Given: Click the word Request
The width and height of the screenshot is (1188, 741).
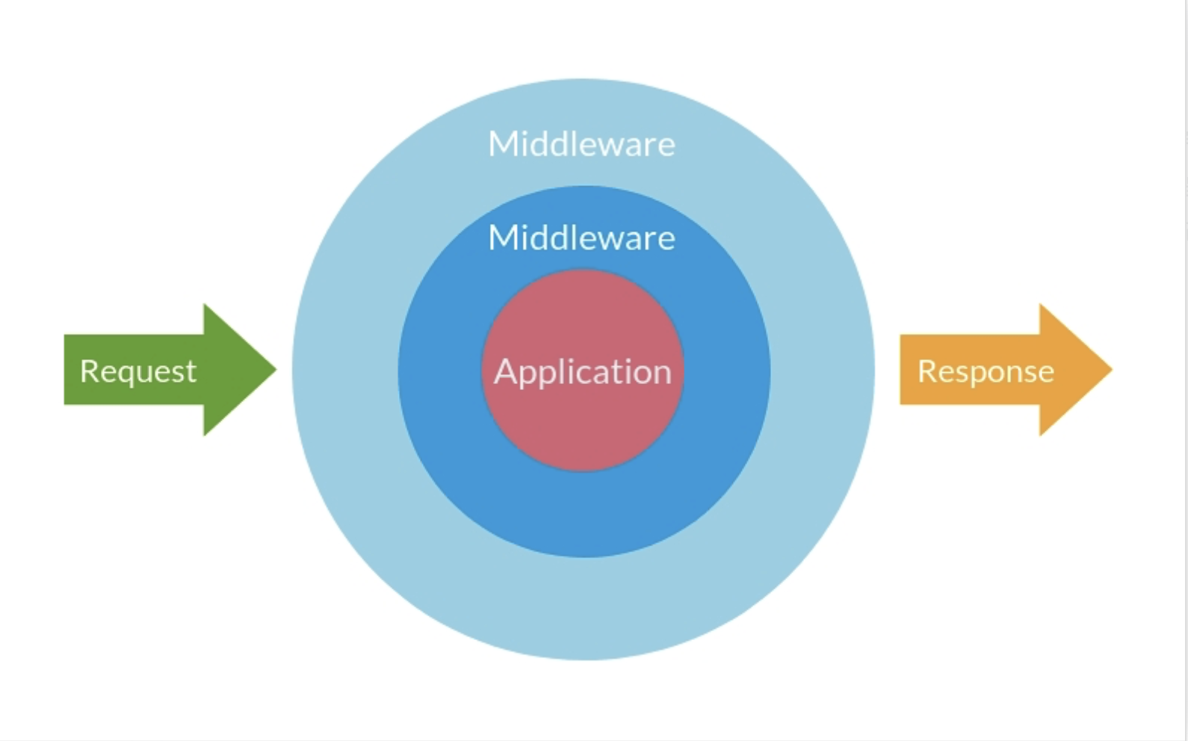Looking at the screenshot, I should [138, 371].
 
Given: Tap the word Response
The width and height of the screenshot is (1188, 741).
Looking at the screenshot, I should [986, 371].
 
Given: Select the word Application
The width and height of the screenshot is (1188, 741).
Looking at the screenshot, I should [583, 372].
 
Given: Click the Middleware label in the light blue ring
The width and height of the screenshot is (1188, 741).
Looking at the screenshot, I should [581, 144].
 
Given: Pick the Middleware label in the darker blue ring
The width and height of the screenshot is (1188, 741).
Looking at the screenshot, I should [581, 238].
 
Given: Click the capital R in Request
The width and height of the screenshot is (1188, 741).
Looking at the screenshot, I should [89, 371].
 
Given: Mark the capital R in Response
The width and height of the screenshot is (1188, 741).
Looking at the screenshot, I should [926, 371].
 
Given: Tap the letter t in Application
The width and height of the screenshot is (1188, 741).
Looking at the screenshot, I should [610, 371].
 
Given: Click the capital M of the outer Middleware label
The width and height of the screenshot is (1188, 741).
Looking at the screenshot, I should [502, 144].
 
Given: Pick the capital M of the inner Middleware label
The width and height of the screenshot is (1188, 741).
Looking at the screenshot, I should [502, 238].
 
